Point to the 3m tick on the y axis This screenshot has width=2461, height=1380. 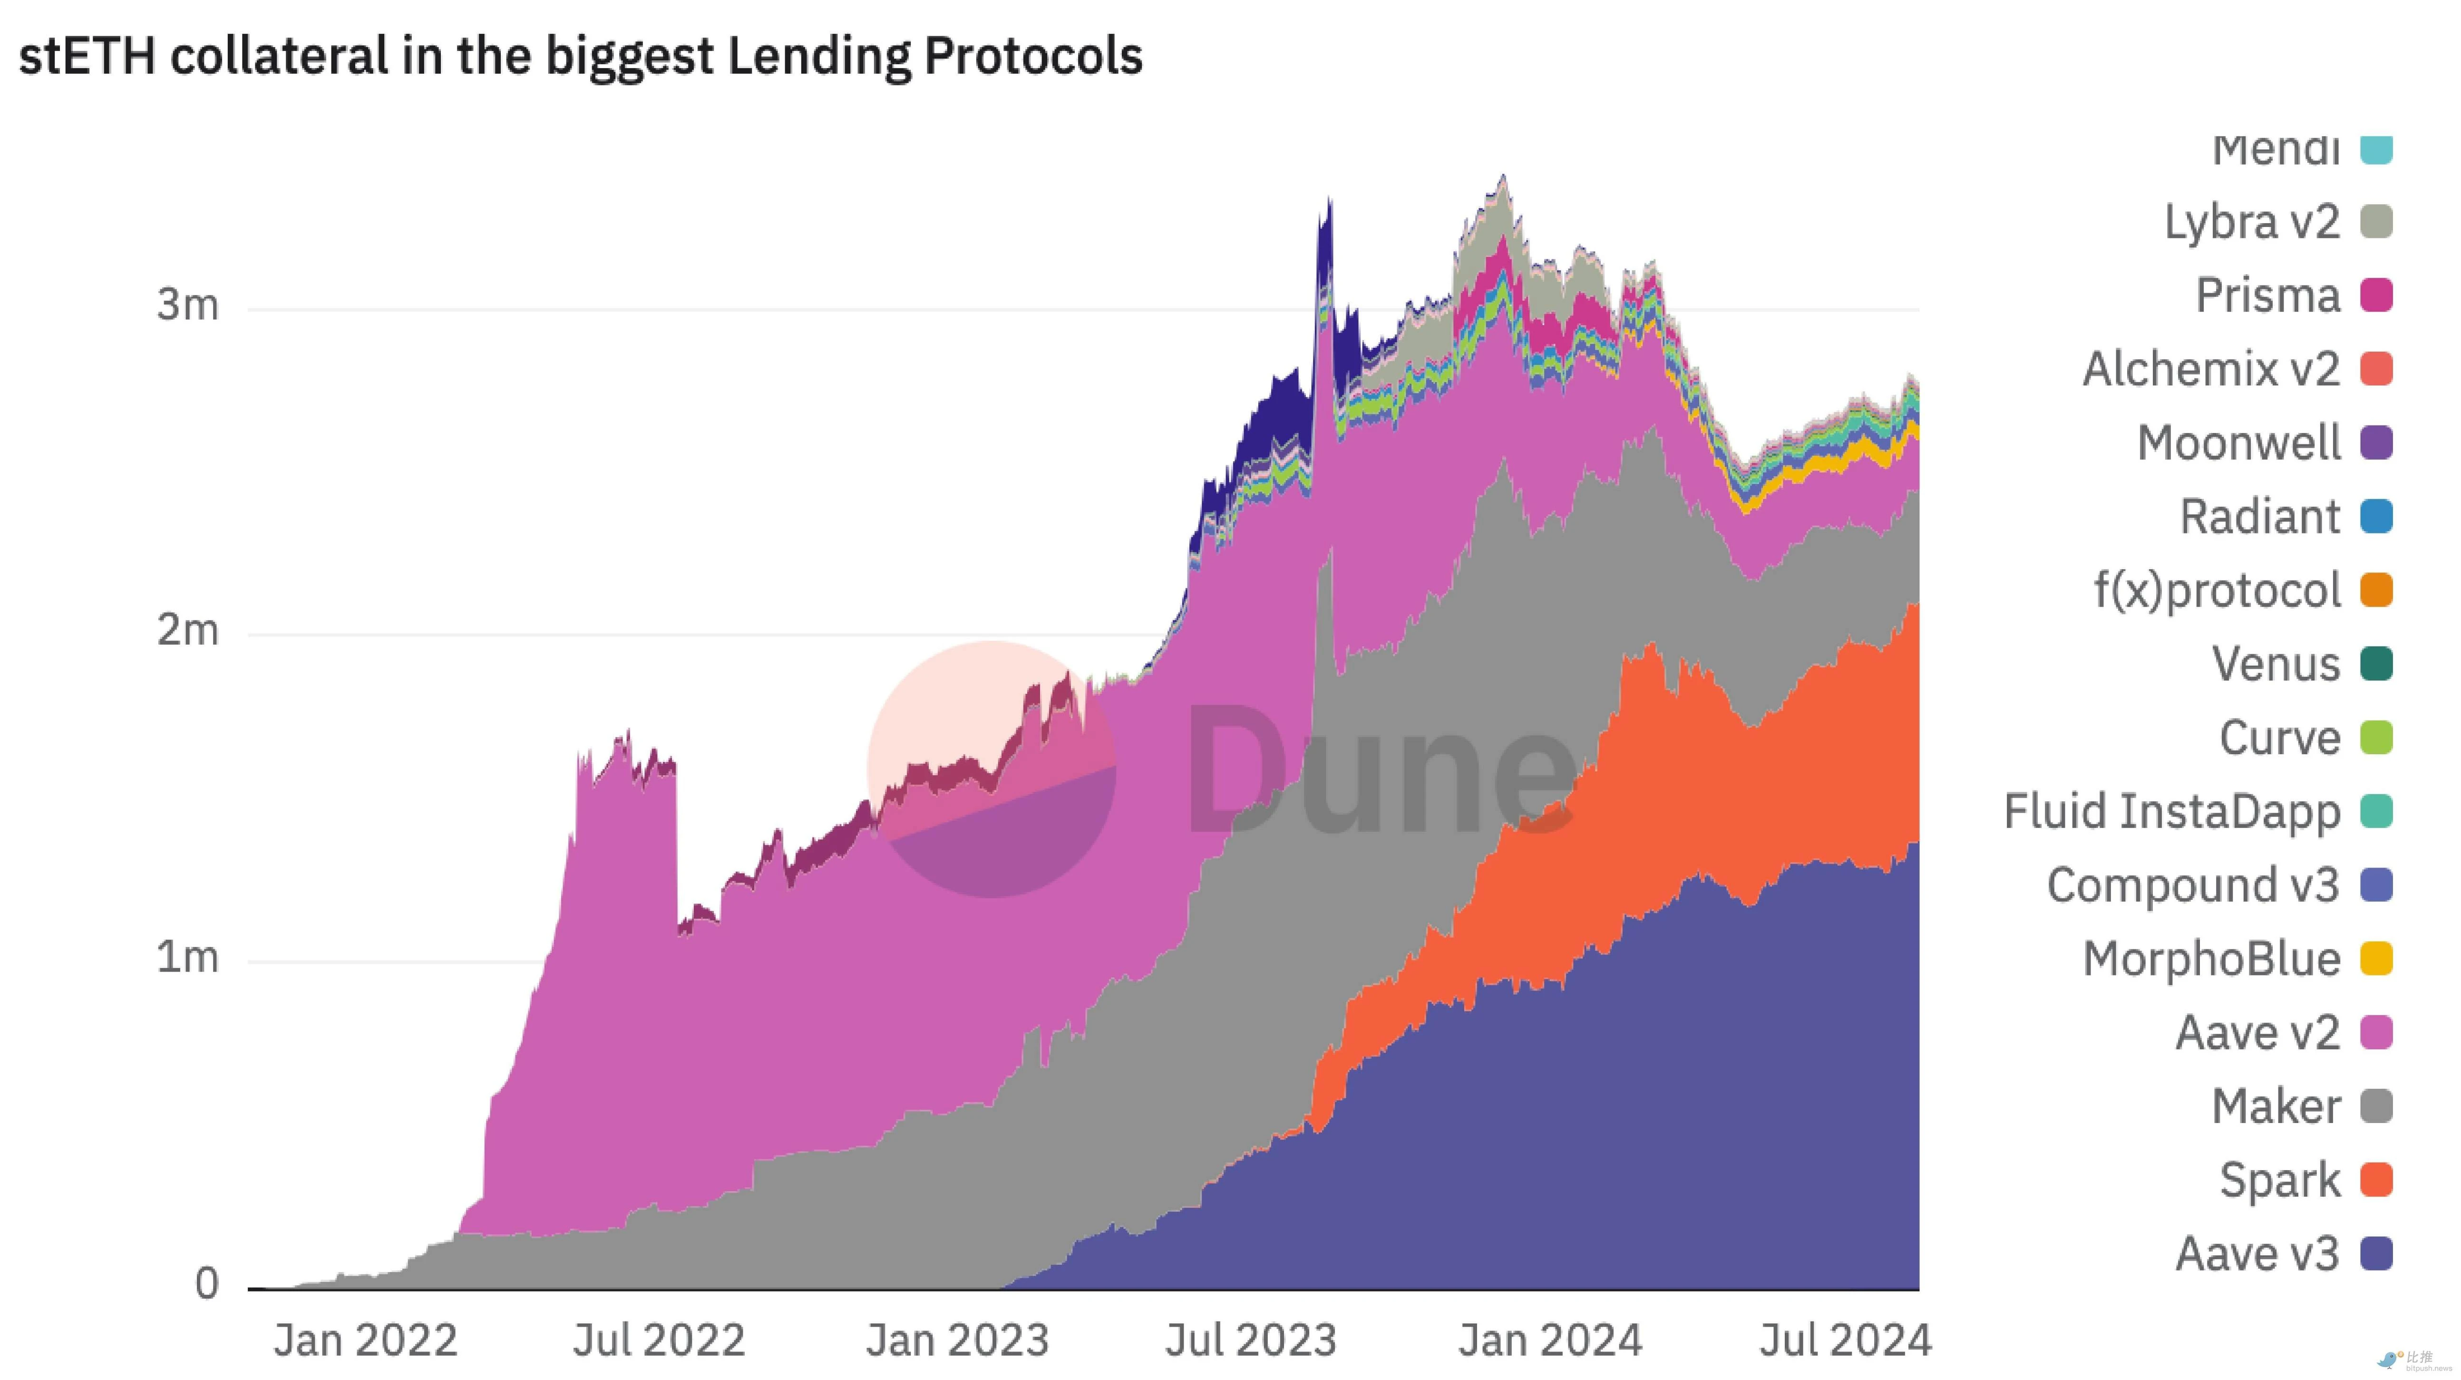pyautogui.click(x=187, y=305)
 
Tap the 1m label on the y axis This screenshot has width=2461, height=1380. pyautogui.click(x=187, y=956)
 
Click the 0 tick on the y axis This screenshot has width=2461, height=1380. pyautogui.click(x=206, y=1283)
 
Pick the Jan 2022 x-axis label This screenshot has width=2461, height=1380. pyautogui.click(x=365, y=1340)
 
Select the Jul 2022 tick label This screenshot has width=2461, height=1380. pyautogui.click(x=658, y=1340)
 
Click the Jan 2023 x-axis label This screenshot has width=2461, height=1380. pyautogui.click(x=957, y=1340)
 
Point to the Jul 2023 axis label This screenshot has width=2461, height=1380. pyautogui.click(x=1250, y=1340)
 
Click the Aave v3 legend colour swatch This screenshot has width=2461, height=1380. pyautogui.click(x=2376, y=1253)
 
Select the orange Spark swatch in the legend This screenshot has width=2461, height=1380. pyautogui.click(x=2376, y=1179)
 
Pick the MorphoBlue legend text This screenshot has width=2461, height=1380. pyautogui.click(x=2211, y=958)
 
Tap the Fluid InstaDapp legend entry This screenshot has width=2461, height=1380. pyautogui.click(x=2171, y=811)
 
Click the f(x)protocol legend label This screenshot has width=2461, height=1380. pyautogui.click(x=2217, y=590)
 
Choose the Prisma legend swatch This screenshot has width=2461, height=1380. pyautogui.click(x=2376, y=296)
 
